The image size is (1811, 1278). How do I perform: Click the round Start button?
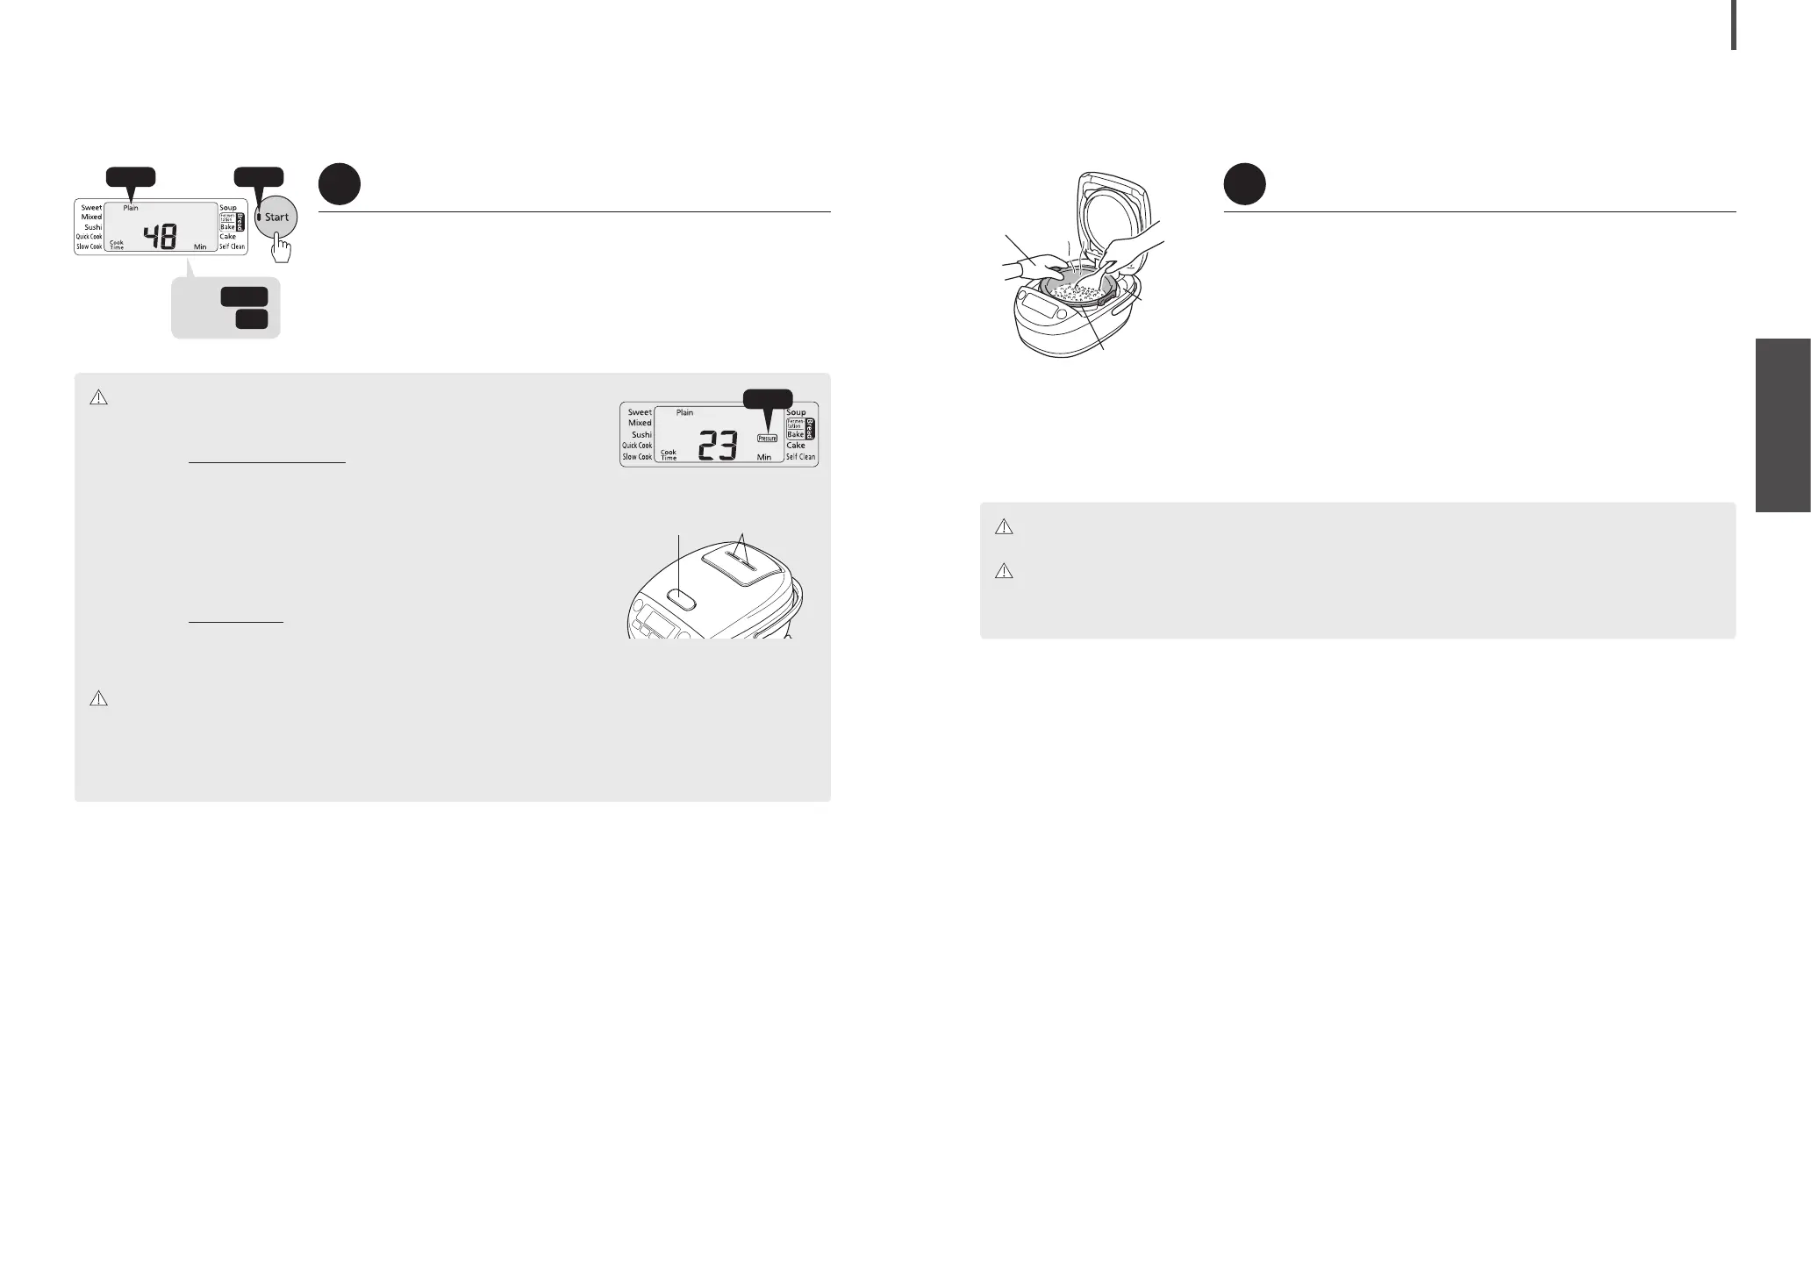tap(276, 218)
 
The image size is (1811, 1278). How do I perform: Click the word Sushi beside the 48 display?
tap(93, 227)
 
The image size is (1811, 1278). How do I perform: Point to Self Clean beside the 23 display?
tap(800, 457)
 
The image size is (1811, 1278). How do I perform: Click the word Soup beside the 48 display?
tap(228, 208)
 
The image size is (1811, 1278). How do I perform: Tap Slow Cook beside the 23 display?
tap(637, 457)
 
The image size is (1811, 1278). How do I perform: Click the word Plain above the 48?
tap(130, 208)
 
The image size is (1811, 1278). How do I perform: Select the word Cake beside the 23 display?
tap(795, 446)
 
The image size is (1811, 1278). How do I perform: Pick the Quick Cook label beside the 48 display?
tap(89, 237)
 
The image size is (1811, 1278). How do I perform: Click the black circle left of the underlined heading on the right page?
tap(1244, 185)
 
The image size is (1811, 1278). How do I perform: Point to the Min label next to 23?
tap(763, 457)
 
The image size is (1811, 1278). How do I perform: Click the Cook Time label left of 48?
tap(116, 245)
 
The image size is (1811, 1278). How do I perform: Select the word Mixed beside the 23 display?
tap(640, 423)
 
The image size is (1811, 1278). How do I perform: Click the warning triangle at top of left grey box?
tap(98, 398)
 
